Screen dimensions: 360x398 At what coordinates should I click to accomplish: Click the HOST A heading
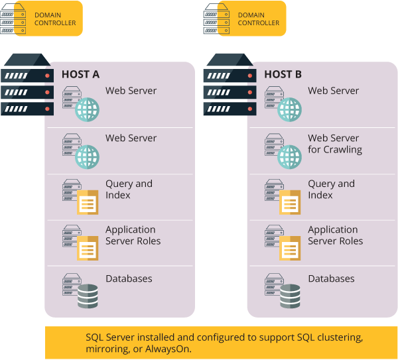coord(80,74)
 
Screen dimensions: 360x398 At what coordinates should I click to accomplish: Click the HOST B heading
coord(283,74)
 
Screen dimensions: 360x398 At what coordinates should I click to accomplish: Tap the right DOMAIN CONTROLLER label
coord(259,18)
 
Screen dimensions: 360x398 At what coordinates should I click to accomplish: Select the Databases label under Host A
coord(129,278)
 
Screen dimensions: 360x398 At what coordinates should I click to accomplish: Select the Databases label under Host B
coord(331,278)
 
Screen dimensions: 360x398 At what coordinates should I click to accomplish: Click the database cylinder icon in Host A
coord(88,296)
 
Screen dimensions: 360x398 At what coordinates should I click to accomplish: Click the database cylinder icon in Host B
coord(290,296)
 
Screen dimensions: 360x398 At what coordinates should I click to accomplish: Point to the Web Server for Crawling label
coord(334,144)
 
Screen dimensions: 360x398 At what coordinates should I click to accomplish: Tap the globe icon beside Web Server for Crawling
coord(289,157)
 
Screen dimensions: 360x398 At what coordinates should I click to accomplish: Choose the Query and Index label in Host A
coord(129,190)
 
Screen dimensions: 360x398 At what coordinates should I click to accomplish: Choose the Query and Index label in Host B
coord(331,190)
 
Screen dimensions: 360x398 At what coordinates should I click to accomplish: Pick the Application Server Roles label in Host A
coord(133,235)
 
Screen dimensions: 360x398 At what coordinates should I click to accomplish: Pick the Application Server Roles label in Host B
coord(335,235)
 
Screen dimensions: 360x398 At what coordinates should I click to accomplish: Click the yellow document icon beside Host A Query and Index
coord(88,202)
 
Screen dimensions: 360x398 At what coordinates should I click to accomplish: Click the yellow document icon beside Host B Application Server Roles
coord(290,248)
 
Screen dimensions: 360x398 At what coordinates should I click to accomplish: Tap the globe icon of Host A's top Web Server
coord(87,109)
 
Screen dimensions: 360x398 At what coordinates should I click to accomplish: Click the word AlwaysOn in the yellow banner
coord(169,349)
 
